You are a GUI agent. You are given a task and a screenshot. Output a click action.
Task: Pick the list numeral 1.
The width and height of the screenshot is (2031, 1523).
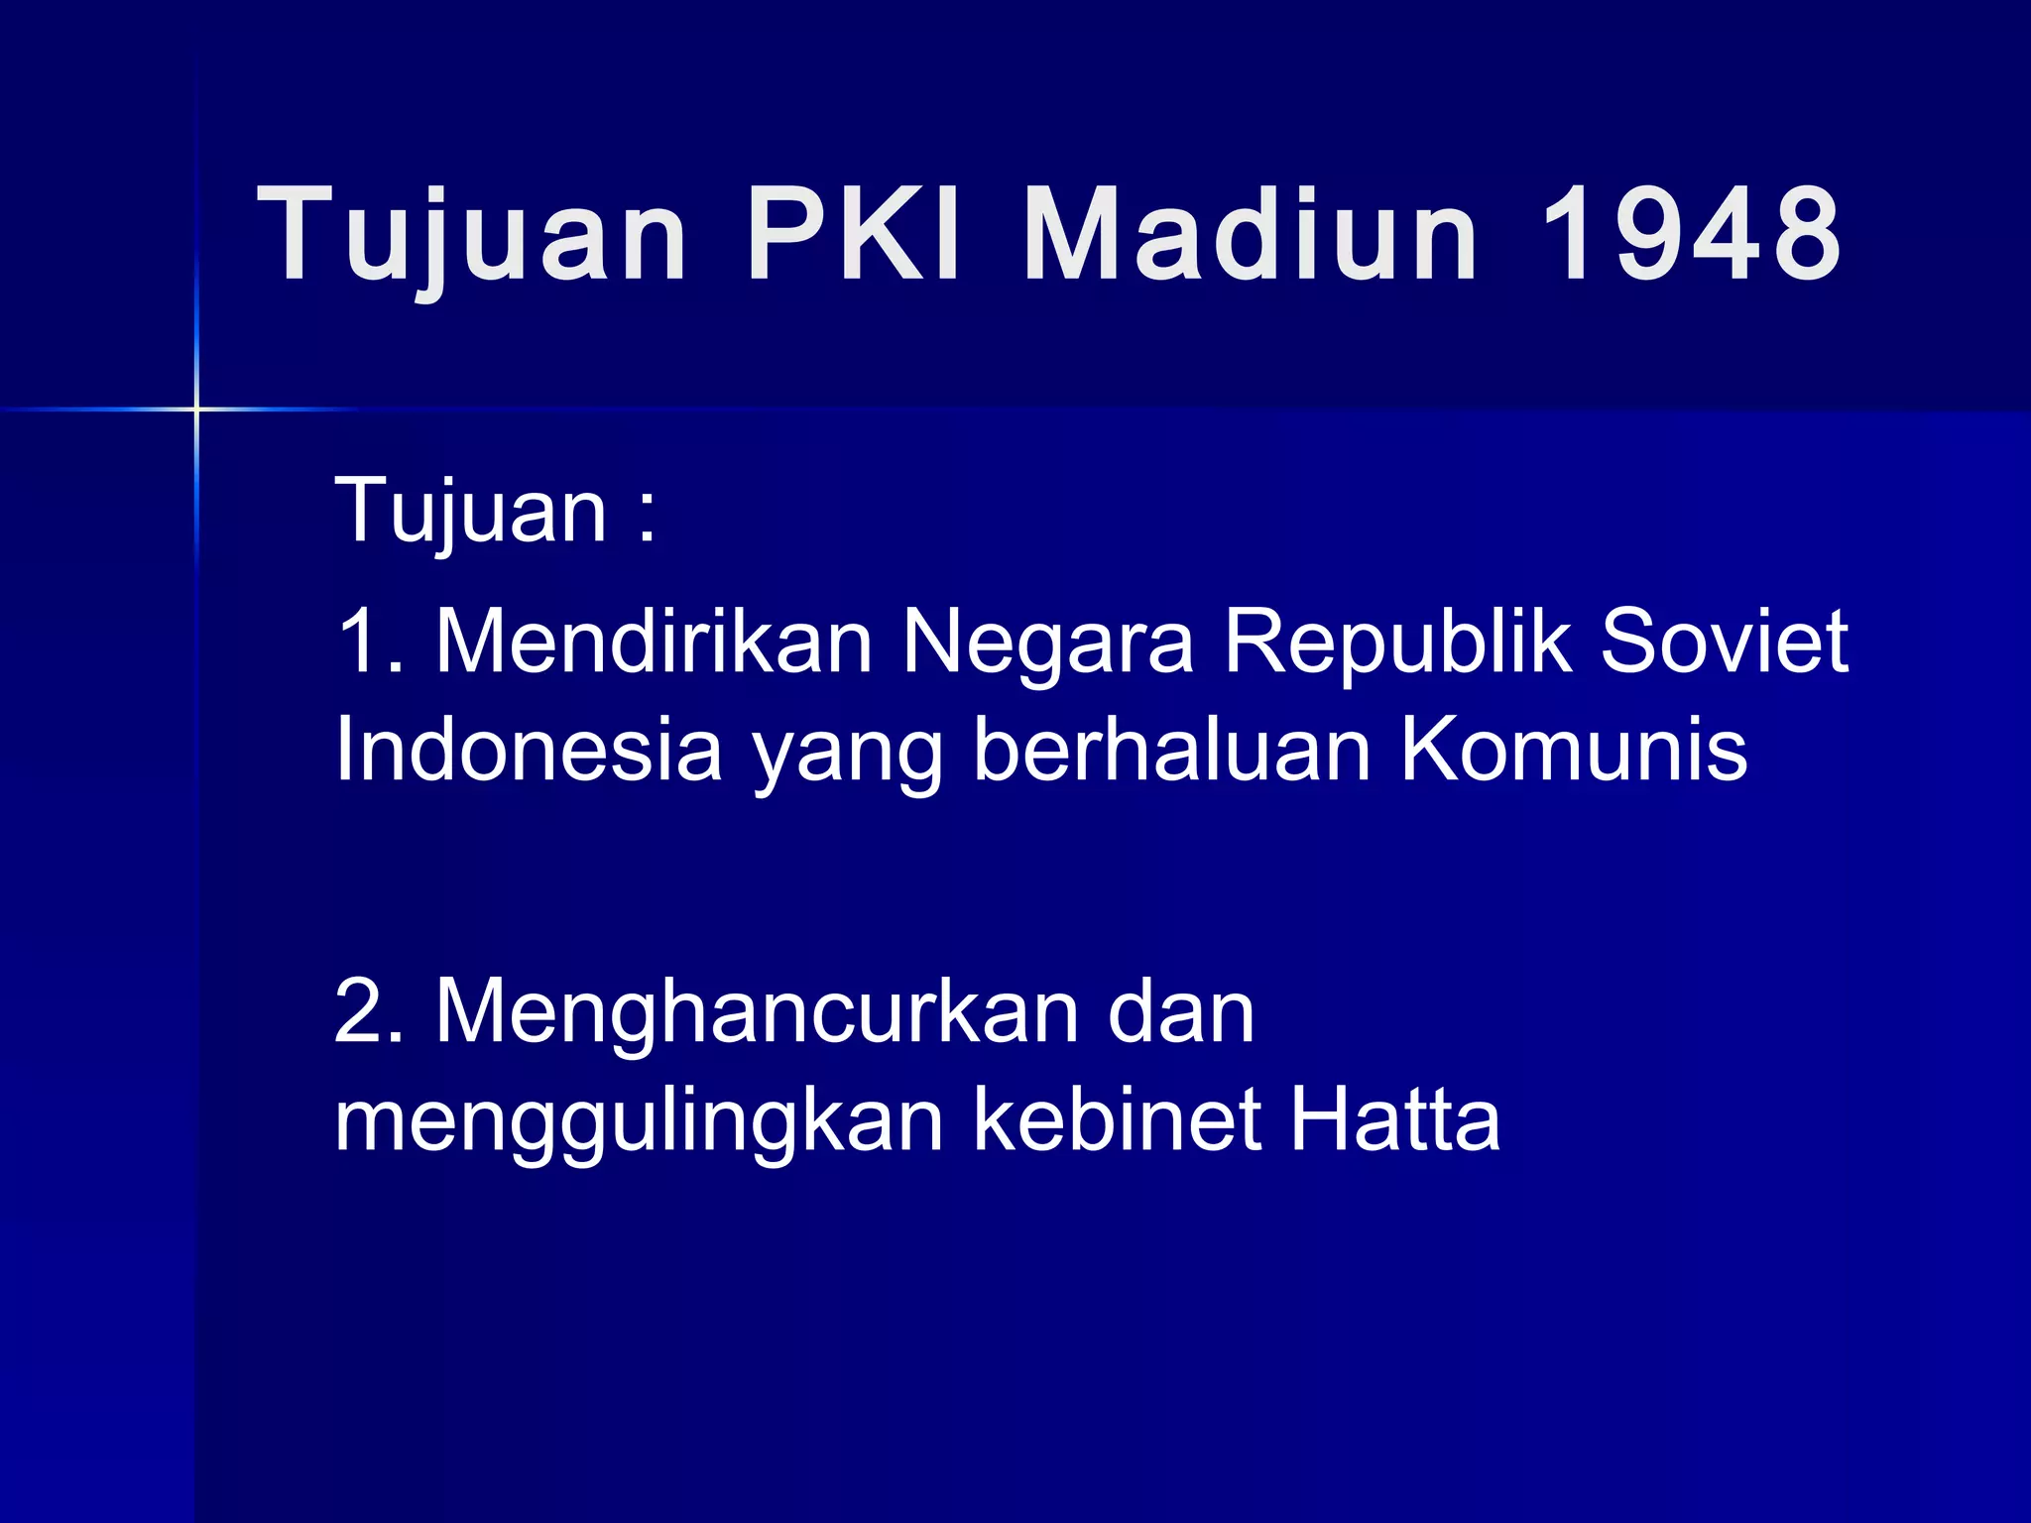pos(359,643)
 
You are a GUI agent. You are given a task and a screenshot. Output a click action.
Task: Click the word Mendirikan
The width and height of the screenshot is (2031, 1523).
pos(655,643)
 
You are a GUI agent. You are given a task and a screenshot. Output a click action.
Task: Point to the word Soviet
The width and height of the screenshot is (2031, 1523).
pos(1725,643)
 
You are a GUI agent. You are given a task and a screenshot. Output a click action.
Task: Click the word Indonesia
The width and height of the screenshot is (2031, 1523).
pos(529,751)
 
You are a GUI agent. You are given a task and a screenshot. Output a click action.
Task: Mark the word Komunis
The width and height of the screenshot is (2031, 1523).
pos(1574,751)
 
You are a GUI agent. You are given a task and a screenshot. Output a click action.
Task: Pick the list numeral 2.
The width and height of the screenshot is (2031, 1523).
pos(361,1012)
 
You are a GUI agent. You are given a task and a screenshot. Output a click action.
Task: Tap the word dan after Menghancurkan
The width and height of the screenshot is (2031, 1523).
pos(1181,1012)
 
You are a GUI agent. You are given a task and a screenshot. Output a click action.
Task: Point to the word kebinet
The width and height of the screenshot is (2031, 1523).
pos(1117,1120)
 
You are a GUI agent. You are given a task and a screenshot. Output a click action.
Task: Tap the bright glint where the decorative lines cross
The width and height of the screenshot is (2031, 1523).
pos(196,409)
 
